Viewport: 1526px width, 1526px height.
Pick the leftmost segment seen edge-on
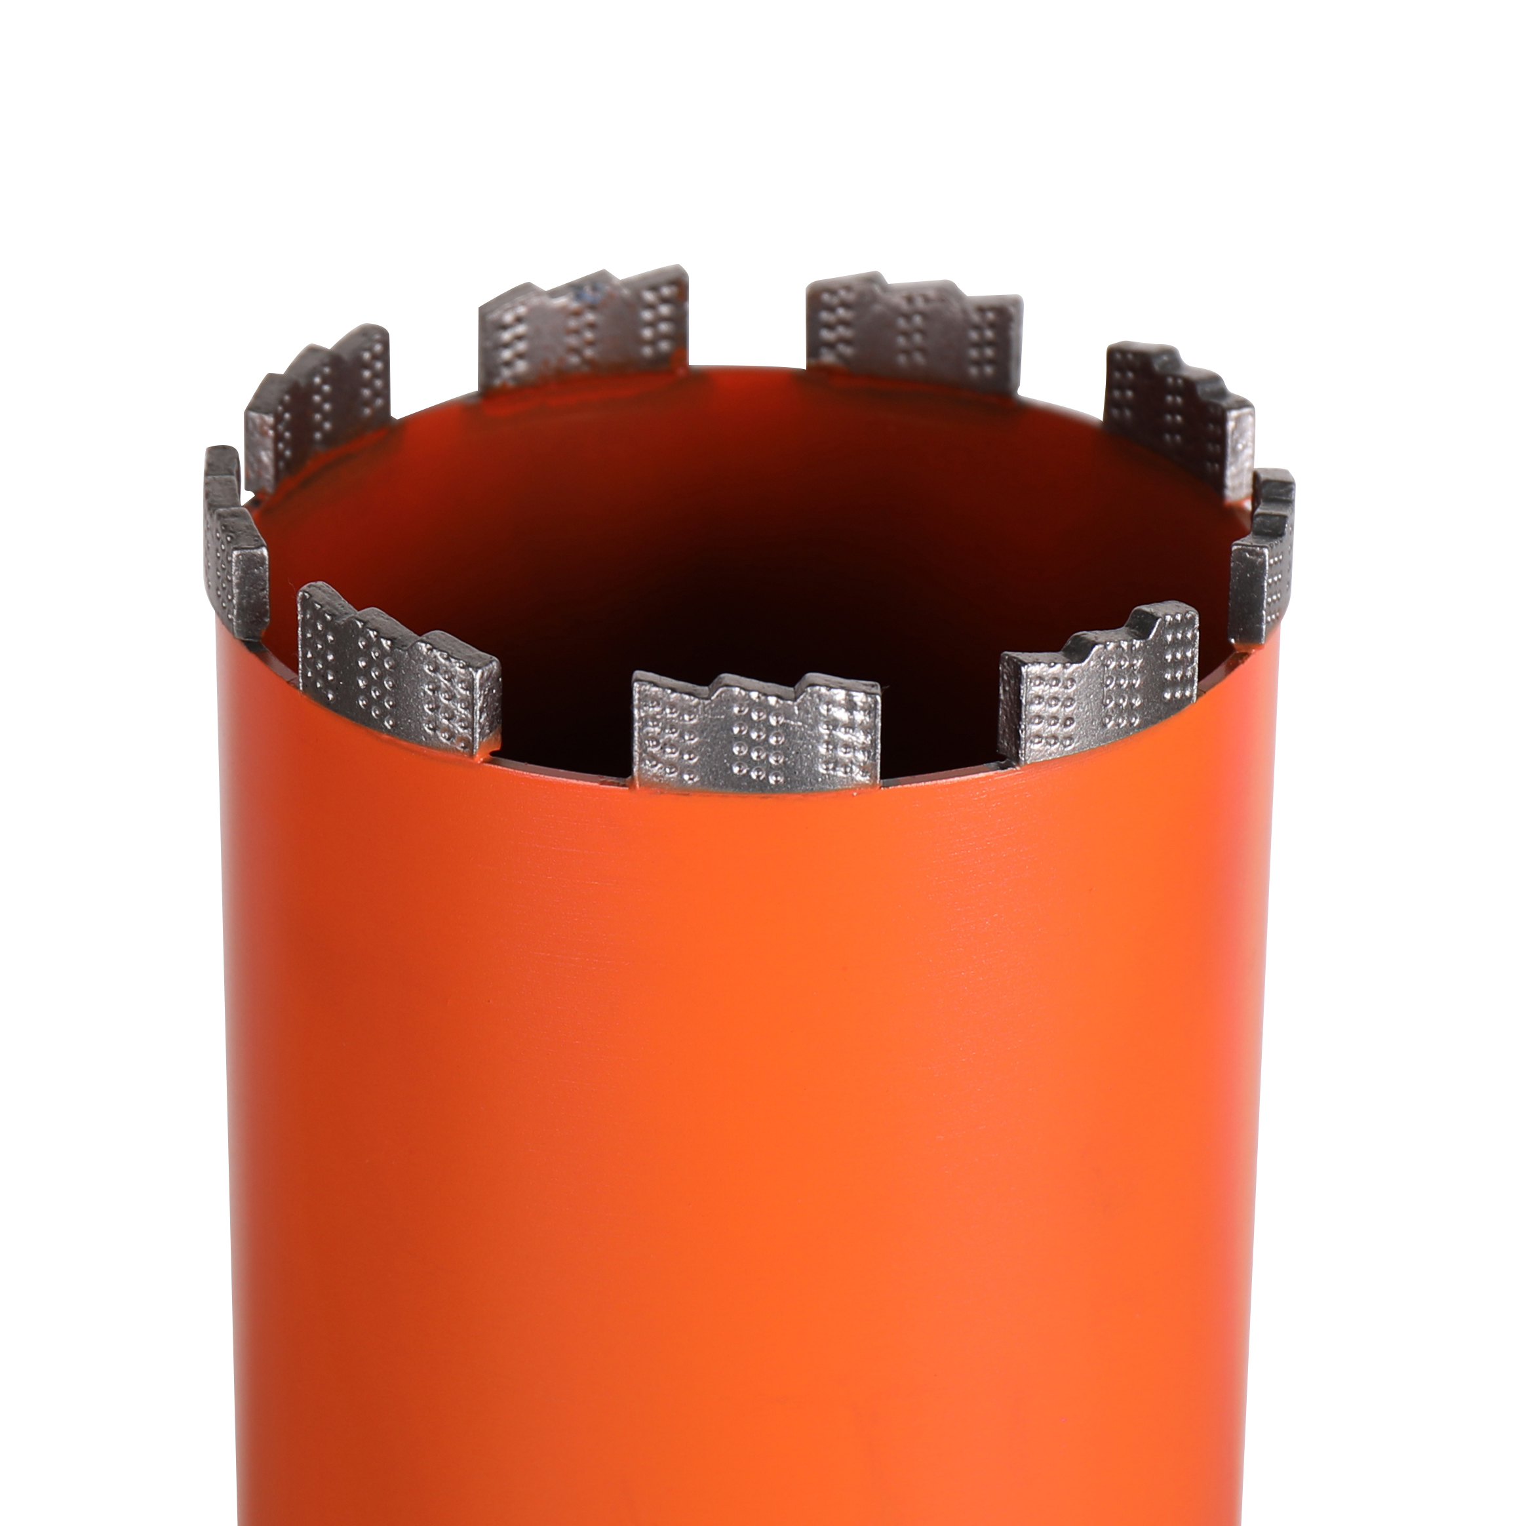tap(235, 545)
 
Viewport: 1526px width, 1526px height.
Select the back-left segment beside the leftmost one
tap(320, 407)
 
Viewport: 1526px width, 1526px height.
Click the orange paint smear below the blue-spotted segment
tap(521, 407)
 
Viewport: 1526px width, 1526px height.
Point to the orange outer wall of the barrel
tap(743, 1106)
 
